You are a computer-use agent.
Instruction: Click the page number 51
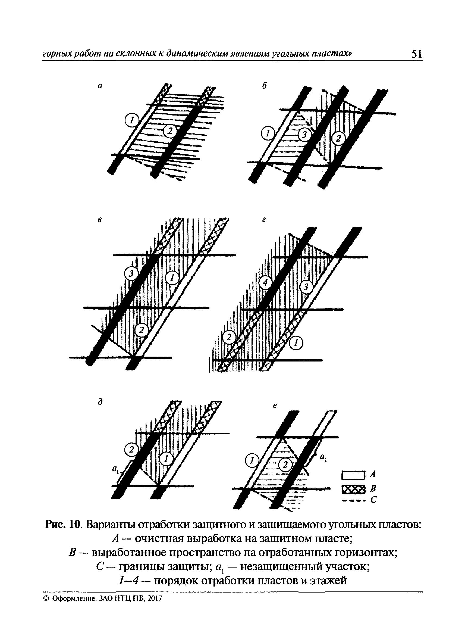[x=417, y=54]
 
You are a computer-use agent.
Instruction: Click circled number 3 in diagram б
[x=304, y=135]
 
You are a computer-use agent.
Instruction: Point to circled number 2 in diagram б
[x=338, y=138]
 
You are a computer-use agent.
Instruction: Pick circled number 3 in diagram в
[x=131, y=273]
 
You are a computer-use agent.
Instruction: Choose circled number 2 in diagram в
[x=142, y=329]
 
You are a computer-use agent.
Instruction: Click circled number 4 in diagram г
[x=265, y=282]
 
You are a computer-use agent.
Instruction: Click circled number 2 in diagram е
[x=285, y=465]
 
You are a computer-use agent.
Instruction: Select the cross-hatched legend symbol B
[x=354, y=489]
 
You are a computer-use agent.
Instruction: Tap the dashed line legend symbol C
[x=354, y=500]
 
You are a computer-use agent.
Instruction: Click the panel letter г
[x=264, y=220]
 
